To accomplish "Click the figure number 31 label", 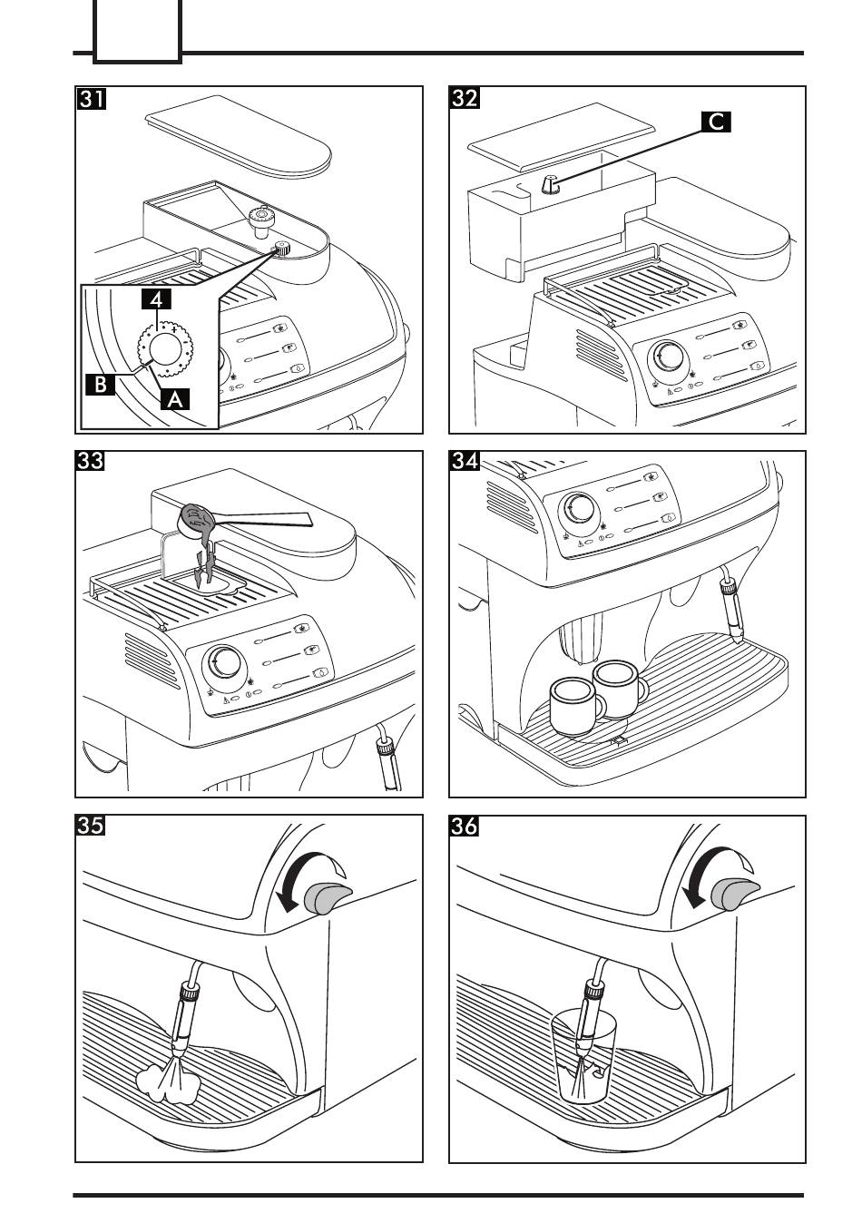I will (91, 98).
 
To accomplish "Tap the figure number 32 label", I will (465, 98).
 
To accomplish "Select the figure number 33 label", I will (91, 462).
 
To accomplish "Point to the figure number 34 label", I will (465, 462).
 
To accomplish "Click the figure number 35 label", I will (91, 827).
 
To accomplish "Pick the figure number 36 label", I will (465, 827).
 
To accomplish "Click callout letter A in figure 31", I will (174, 397).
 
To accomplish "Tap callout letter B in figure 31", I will (101, 384).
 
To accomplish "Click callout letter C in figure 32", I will (716, 122).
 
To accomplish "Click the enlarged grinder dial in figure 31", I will (164, 349).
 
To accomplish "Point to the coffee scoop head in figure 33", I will (199, 519).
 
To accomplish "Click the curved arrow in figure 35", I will (299, 876).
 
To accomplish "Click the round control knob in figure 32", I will (671, 356).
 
